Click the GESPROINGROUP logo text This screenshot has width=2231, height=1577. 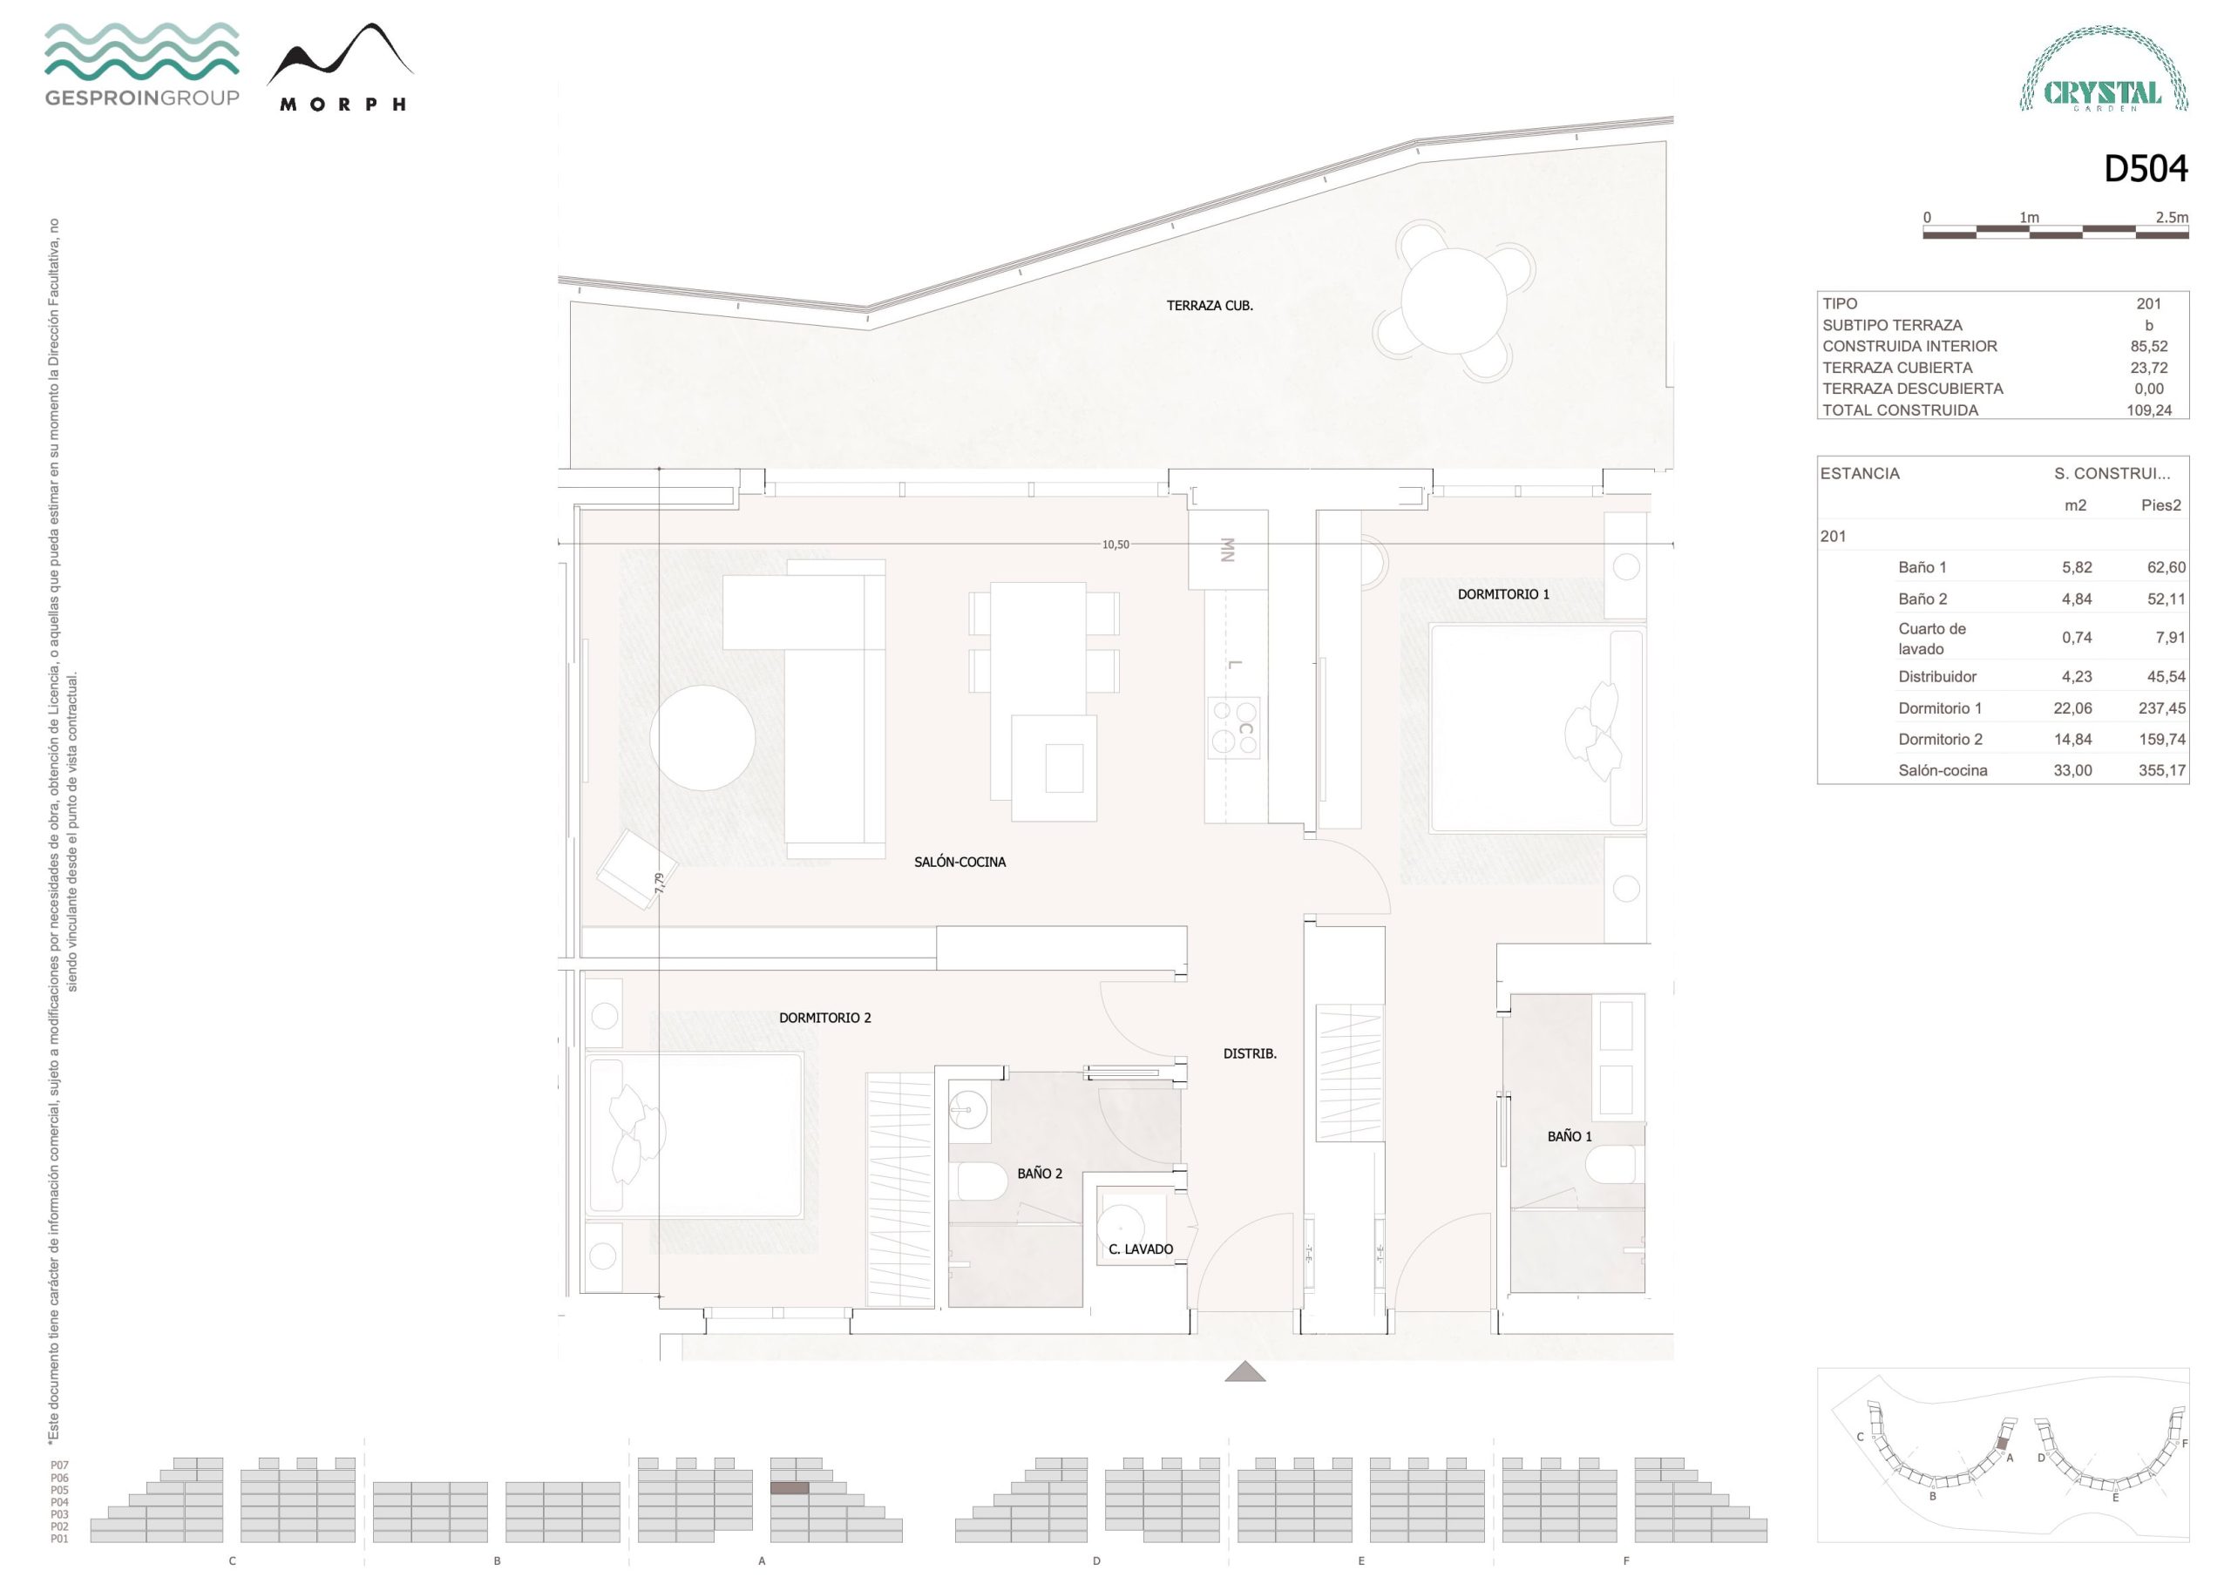pos(142,98)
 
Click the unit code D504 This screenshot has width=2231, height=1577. pos(2146,169)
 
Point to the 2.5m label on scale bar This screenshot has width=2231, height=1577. pos(2172,217)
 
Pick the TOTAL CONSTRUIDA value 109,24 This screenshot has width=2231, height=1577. pos(2148,410)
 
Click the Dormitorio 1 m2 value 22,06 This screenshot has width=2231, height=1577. pos(2072,708)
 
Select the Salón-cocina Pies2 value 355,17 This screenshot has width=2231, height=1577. pos(2162,770)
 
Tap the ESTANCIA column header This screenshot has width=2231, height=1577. pos(1860,473)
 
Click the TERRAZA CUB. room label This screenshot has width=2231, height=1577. pos(1210,305)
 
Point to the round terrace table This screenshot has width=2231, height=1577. pos(1454,301)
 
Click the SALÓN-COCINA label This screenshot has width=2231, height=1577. pos(960,862)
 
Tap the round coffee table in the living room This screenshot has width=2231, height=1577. pos(702,737)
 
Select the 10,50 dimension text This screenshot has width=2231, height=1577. pos(1115,545)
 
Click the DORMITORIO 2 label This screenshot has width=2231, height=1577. pos(825,1018)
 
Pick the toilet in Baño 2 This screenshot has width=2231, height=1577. pos(982,1181)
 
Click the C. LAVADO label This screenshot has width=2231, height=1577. pos(1141,1249)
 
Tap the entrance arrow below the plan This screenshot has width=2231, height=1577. pos(1244,1371)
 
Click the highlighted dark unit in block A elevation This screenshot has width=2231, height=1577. pos(789,1487)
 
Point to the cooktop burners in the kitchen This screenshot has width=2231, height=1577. pos(1234,728)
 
